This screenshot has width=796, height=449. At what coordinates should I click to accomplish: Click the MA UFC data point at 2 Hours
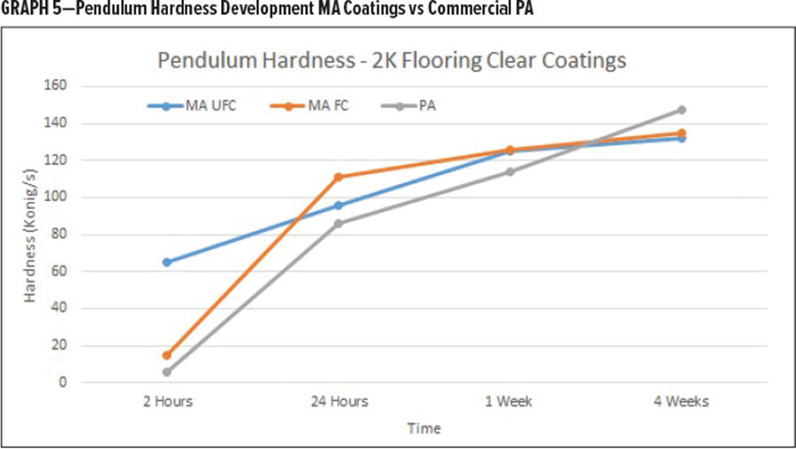[x=166, y=262]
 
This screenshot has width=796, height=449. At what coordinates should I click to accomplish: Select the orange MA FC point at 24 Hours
[x=338, y=177]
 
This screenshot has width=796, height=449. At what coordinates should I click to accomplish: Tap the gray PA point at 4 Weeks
[x=681, y=110]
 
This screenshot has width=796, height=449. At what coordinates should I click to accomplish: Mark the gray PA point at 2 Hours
[x=166, y=372]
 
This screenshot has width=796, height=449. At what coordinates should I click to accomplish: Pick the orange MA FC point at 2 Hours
[x=166, y=355]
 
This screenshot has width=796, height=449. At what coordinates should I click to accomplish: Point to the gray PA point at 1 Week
[x=509, y=172]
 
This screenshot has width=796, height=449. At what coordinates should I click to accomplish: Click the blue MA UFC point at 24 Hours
[x=338, y=205]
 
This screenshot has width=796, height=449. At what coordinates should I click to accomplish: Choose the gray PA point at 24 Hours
[x=338, y=223]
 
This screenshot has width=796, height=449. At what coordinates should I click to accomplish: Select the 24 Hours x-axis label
[x=338, y=401]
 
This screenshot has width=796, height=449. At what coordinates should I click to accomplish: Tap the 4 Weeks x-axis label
[x=681, y=401]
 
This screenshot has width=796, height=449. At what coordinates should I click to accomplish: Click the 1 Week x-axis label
[x=509, y=401]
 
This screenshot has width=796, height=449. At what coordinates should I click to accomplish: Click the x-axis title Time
[x=424, y=429]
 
